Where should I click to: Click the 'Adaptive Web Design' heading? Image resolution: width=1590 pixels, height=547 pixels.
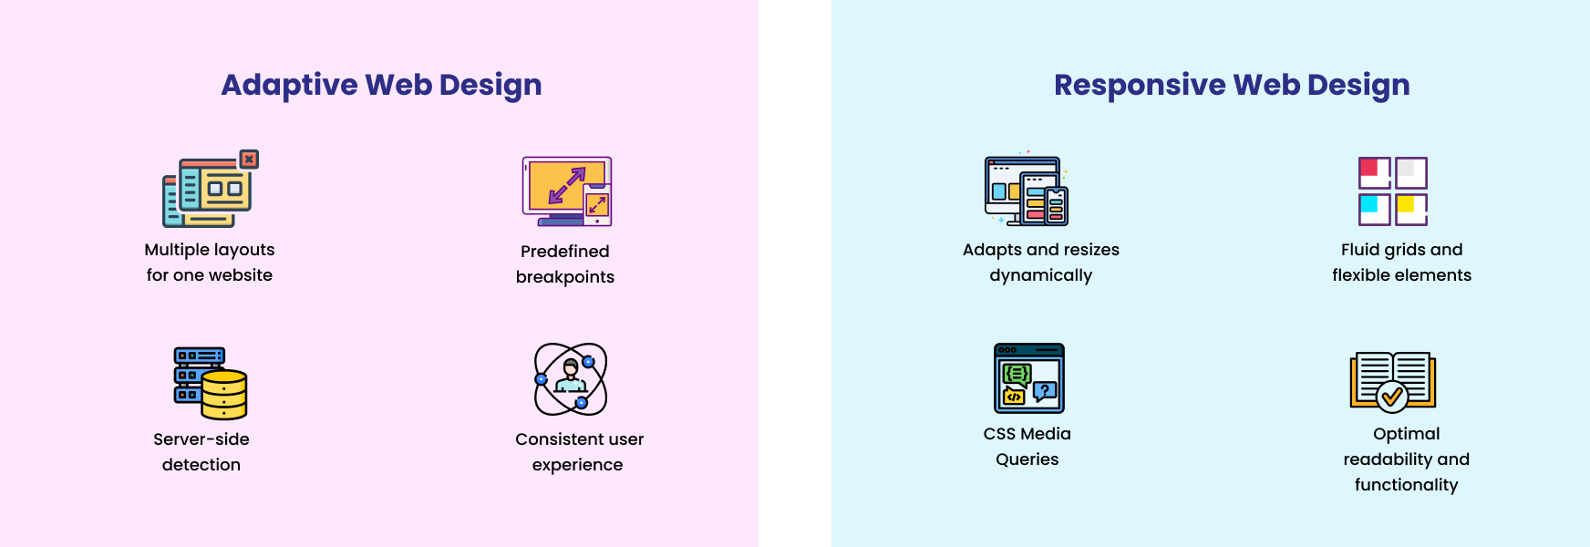pyautogui.click(x=381, y=85)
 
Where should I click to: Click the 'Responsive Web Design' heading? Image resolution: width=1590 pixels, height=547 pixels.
pyautogui.click(x=1232, y=85)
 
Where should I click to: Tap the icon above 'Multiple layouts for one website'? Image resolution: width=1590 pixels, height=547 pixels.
pyautogui.click(x=211, y=189)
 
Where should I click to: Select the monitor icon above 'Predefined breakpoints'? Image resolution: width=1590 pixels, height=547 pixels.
pyautogui.click(x=566, y=191)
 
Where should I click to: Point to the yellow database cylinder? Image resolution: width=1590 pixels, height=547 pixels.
pyautogui.click(x=224, y=394)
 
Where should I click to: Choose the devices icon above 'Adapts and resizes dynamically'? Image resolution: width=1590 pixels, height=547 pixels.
pyautogui.click(x=1027, y=190)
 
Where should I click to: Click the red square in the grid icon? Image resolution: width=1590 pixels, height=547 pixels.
pyautogui.click(x=1369, y=168)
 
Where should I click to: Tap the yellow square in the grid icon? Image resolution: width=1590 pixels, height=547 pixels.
pyautogui.click(x=1406, y=204)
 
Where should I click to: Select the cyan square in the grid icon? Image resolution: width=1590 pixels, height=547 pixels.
pyautogui.click(x=1369, y=204)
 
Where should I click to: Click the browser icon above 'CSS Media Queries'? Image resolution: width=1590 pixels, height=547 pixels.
pyautogui.click(x=1029, y=378)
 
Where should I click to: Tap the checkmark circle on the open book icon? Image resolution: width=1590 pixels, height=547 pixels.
pyautogui.click(x=1392, y=397)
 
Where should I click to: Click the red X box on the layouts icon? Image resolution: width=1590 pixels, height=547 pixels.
pyautogui.click(x=249, y=160)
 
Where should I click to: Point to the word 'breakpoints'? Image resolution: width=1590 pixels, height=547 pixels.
pyautogui.click(x=565, y=277)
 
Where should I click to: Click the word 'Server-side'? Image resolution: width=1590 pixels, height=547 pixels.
pyautogui.click(x=201, y=439)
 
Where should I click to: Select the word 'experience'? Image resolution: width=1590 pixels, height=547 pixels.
pyautogui.click(x=578, y=465)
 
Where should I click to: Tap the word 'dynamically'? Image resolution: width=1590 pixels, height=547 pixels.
pyautogui.click(x=1041, y=275)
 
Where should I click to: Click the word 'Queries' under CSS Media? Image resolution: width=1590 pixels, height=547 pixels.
pyautogui.click(x=1027, y=459)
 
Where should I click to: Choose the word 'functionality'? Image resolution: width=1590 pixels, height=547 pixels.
pyautogui.click(x=1407, y=485)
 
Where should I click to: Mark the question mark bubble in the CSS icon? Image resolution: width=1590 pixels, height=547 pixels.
pyautogui.click(x=1045, y=391)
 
